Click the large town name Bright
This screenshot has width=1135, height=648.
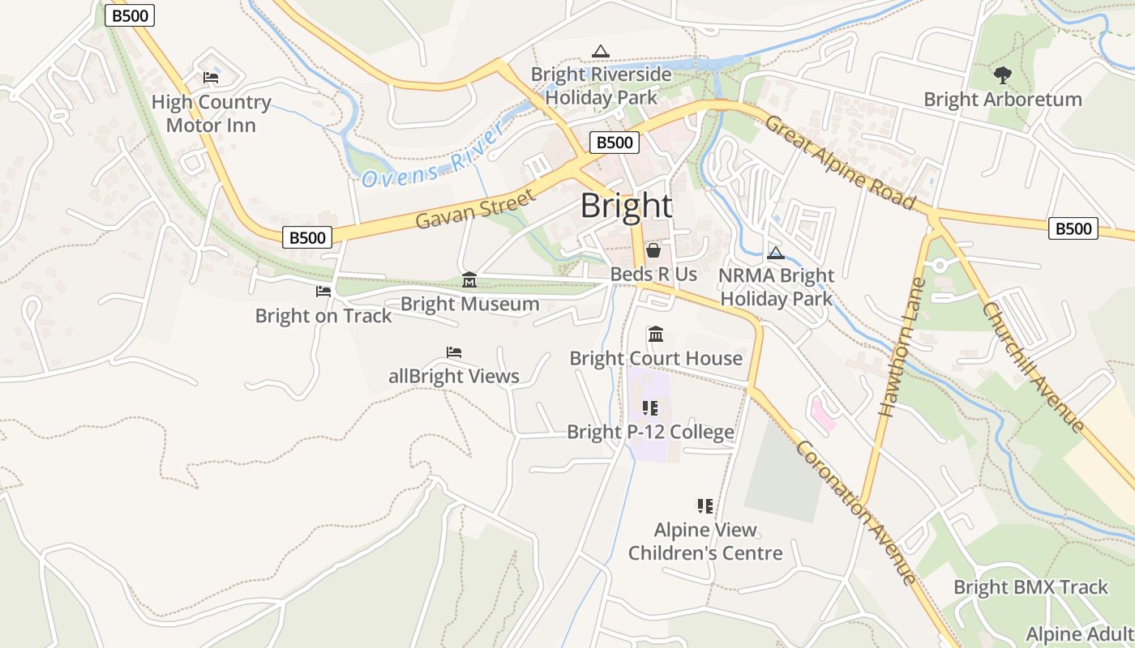pyautogui.click(x=626, y=206)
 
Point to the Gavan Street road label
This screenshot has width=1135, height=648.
pyautogui.click(x=476, y=209)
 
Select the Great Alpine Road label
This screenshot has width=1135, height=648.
pyautogui.click(x=840, y=163)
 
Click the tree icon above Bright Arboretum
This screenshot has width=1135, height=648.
pyautogui.click(x=1003, y=75)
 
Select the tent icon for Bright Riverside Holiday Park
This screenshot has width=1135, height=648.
pyautogui.click(x=600, y=52)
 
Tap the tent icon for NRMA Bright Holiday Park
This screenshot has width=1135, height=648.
pyautogui.click(x=776, y=253)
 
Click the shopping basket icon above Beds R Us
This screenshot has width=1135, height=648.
pyautogui.click(x=653, y=250)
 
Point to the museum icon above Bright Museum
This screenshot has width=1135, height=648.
pyautogui.click(x=469, y=280)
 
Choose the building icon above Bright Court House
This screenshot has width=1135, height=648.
pyautogui.click(x=656, y=334)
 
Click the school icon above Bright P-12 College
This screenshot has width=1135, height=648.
pyautogui.click(x=650, y=407)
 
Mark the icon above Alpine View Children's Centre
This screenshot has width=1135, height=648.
pyautogui.click(x=705, y=506)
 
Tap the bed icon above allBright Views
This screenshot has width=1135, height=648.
pyautogui.click(x=454, y=352)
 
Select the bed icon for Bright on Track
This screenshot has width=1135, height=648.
pyautogui.click(x=323, y=291)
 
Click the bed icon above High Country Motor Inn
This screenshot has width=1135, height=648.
pyautogui.click(x=211, y=78)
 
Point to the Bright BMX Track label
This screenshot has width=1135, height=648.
pyautogui.click(x=1030, y=587)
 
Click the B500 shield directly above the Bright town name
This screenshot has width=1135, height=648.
pyautogui.click(x=614, y=143)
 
